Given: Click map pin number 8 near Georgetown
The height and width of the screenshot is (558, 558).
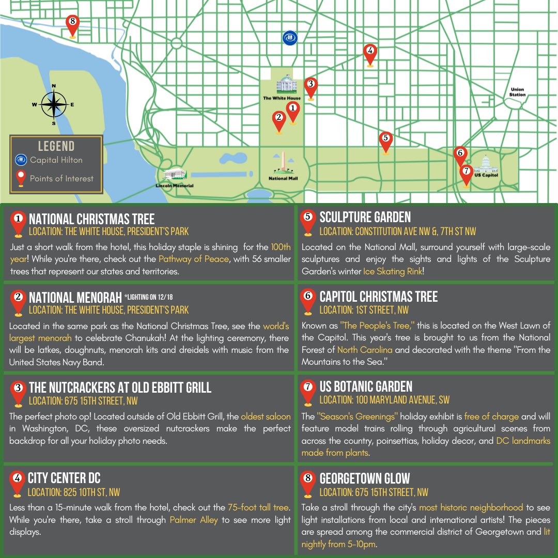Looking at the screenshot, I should pos(72,23).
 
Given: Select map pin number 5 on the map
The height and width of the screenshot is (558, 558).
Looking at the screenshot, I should pos(385,140).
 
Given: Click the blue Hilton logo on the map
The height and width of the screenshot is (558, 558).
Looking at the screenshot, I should pos(290,38).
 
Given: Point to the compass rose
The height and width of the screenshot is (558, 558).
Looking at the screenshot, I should pos(54,104).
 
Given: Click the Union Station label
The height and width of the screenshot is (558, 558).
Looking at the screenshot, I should pos(517,92).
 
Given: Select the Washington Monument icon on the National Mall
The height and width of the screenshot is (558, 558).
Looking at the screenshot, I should pos(283,164).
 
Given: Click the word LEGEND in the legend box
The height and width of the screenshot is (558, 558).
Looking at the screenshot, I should pos(56,146).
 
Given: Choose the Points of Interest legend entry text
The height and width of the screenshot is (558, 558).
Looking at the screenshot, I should pos(61,179).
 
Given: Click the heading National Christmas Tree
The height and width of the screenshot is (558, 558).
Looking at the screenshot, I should pos(91,219).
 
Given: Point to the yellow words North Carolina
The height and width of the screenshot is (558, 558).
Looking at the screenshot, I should pos(365,350).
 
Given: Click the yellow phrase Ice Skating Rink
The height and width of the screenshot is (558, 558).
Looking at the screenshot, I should pos(393,271).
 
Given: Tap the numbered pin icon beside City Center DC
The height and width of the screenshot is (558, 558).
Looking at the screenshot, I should pos(17,481).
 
